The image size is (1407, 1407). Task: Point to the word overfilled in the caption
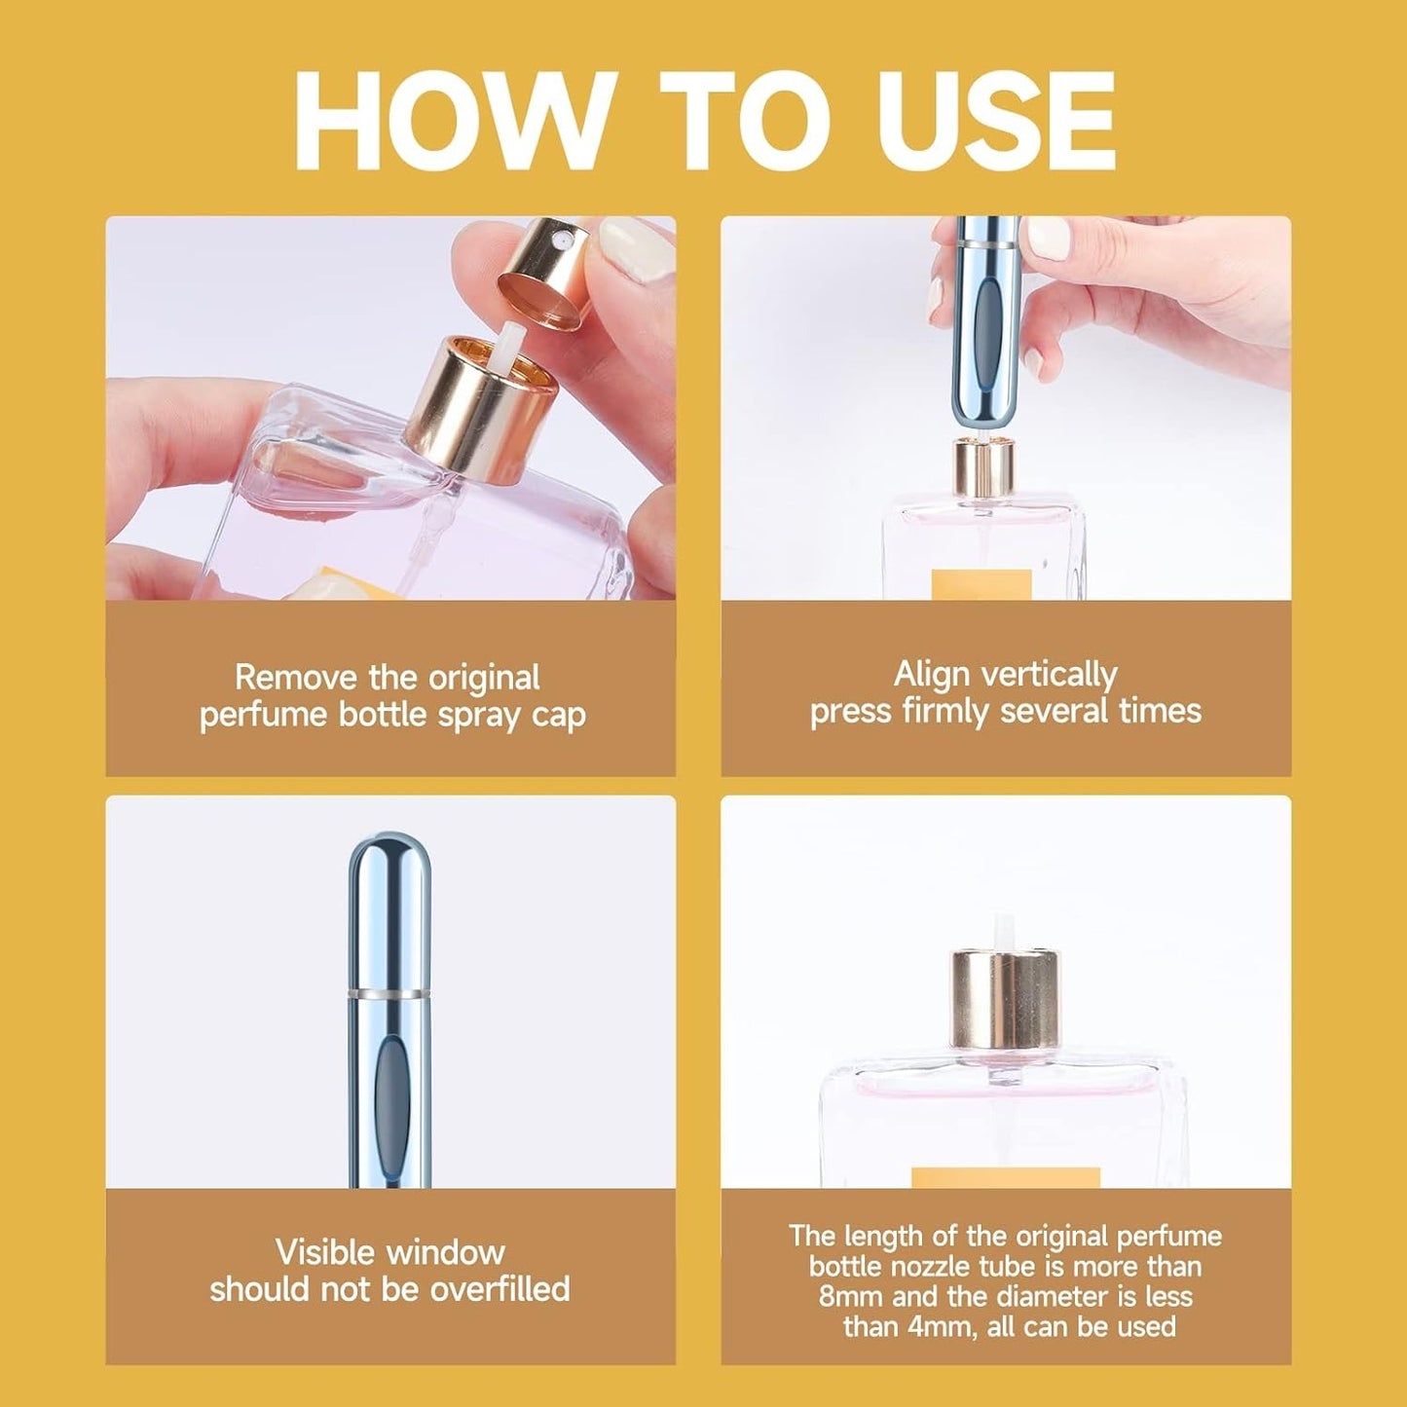(x=500, y=1289)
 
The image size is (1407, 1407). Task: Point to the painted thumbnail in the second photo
(x=1048, y=239)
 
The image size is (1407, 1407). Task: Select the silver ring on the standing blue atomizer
(x=389, y=993)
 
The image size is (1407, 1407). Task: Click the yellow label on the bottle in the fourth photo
(x=1005, y=1177)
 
